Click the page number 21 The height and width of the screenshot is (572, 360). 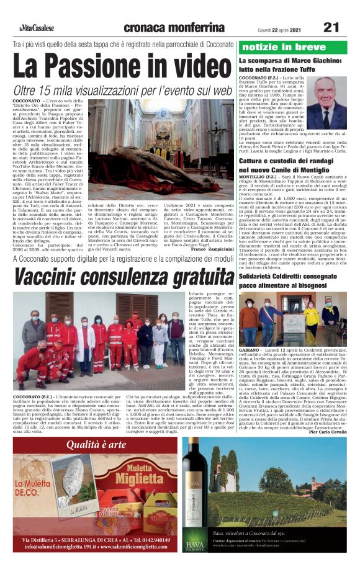(331, 27)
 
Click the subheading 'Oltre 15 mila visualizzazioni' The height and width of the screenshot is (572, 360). (123, 91)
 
